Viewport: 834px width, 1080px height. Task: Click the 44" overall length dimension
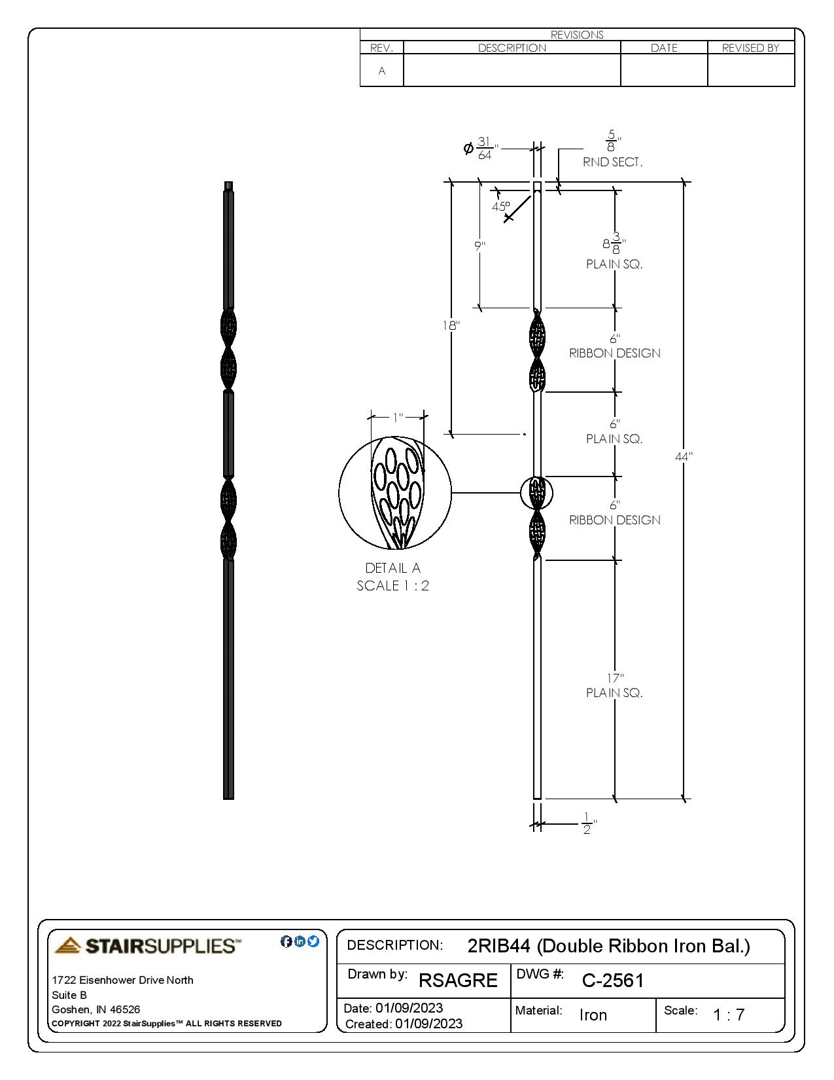684,457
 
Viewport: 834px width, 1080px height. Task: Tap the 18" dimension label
451,325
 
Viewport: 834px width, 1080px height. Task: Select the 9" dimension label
480,246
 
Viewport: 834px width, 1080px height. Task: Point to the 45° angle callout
500,206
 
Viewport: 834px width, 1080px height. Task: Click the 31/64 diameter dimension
484,149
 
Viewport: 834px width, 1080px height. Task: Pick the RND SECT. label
613,162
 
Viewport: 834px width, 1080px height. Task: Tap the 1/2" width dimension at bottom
587,824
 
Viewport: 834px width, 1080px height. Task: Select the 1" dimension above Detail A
398,418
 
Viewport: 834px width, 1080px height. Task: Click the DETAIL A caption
393,568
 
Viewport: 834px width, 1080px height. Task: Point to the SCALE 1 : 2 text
393,586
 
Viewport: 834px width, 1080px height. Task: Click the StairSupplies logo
148,946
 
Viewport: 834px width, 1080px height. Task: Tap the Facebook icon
286,942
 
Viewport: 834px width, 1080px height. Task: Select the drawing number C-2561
613,981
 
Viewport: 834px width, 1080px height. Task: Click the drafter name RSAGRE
458,981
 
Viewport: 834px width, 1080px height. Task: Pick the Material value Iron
593,1015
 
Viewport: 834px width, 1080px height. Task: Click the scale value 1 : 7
729,1015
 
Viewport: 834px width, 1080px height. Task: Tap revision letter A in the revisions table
382,71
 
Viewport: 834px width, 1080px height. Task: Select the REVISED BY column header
751,48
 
